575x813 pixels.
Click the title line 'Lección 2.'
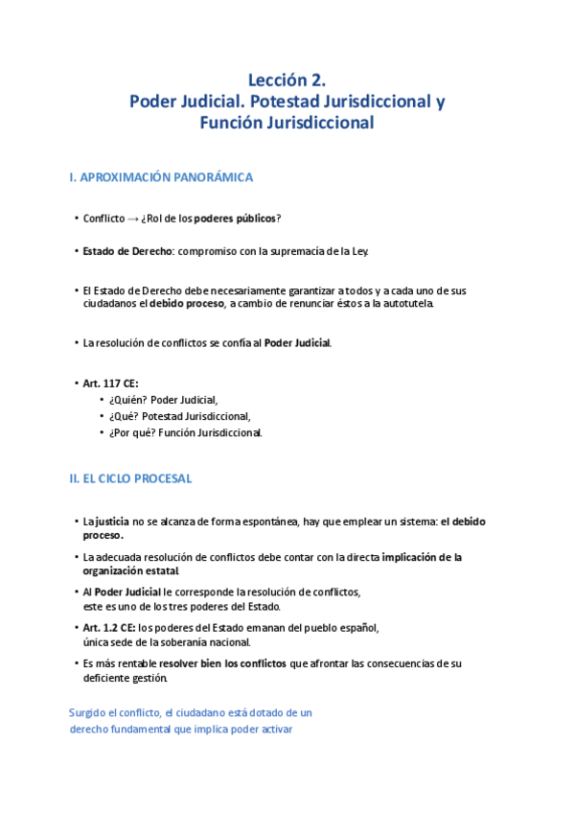(287, 80)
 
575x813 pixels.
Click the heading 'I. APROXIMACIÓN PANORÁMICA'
(161, 178)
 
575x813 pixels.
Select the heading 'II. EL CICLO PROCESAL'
(130, 477)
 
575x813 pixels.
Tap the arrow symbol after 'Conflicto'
(132, 219)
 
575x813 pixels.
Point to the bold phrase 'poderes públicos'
(235, 219)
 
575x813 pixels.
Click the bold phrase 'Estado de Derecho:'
(121, 251)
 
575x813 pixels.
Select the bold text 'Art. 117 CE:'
(111, 383)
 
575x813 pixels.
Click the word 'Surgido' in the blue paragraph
(89, 712)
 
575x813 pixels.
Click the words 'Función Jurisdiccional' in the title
(287, 123)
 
